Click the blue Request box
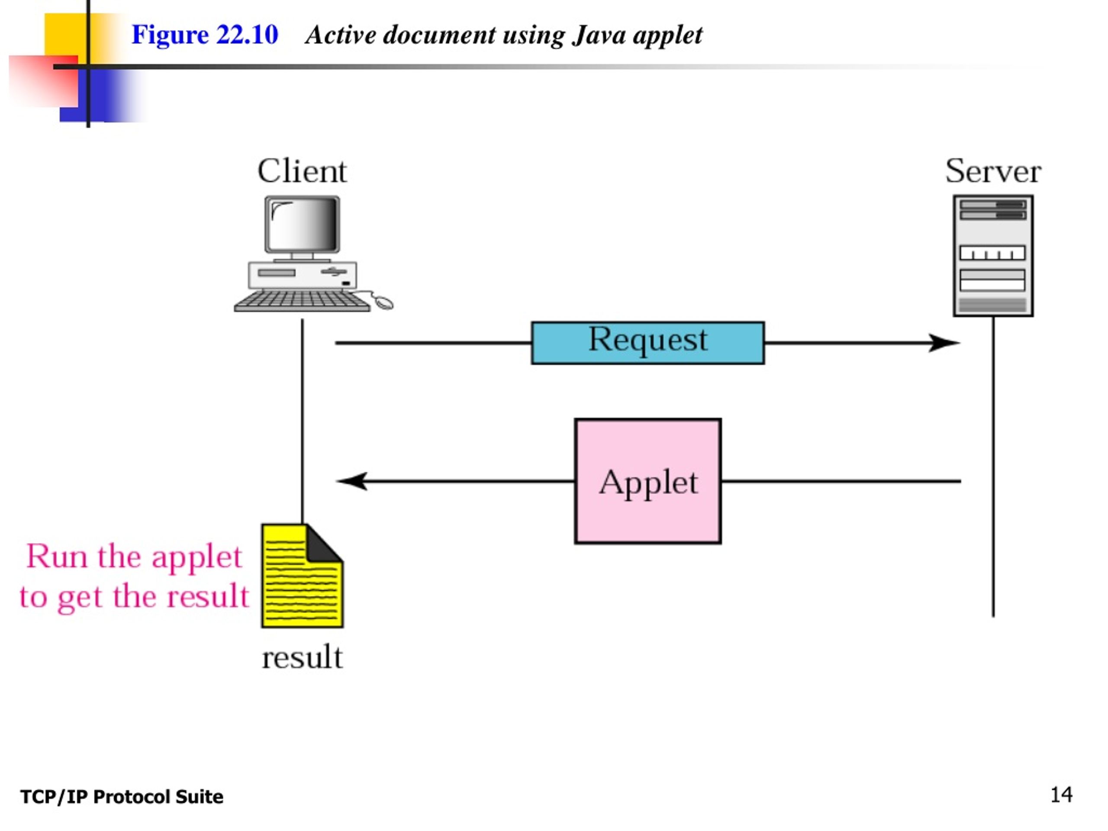[647, 343]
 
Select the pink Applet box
[647, 481]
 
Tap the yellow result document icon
[302, 576]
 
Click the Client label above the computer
[302, 171]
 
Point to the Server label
[993, 171]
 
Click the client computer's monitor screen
[303, 224]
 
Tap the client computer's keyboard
[303, 301]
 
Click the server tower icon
[993, 255]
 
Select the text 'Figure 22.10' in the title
[204, 35]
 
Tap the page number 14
[1061, 795]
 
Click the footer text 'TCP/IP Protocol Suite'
[122, 797]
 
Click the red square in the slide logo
[44, 81]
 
